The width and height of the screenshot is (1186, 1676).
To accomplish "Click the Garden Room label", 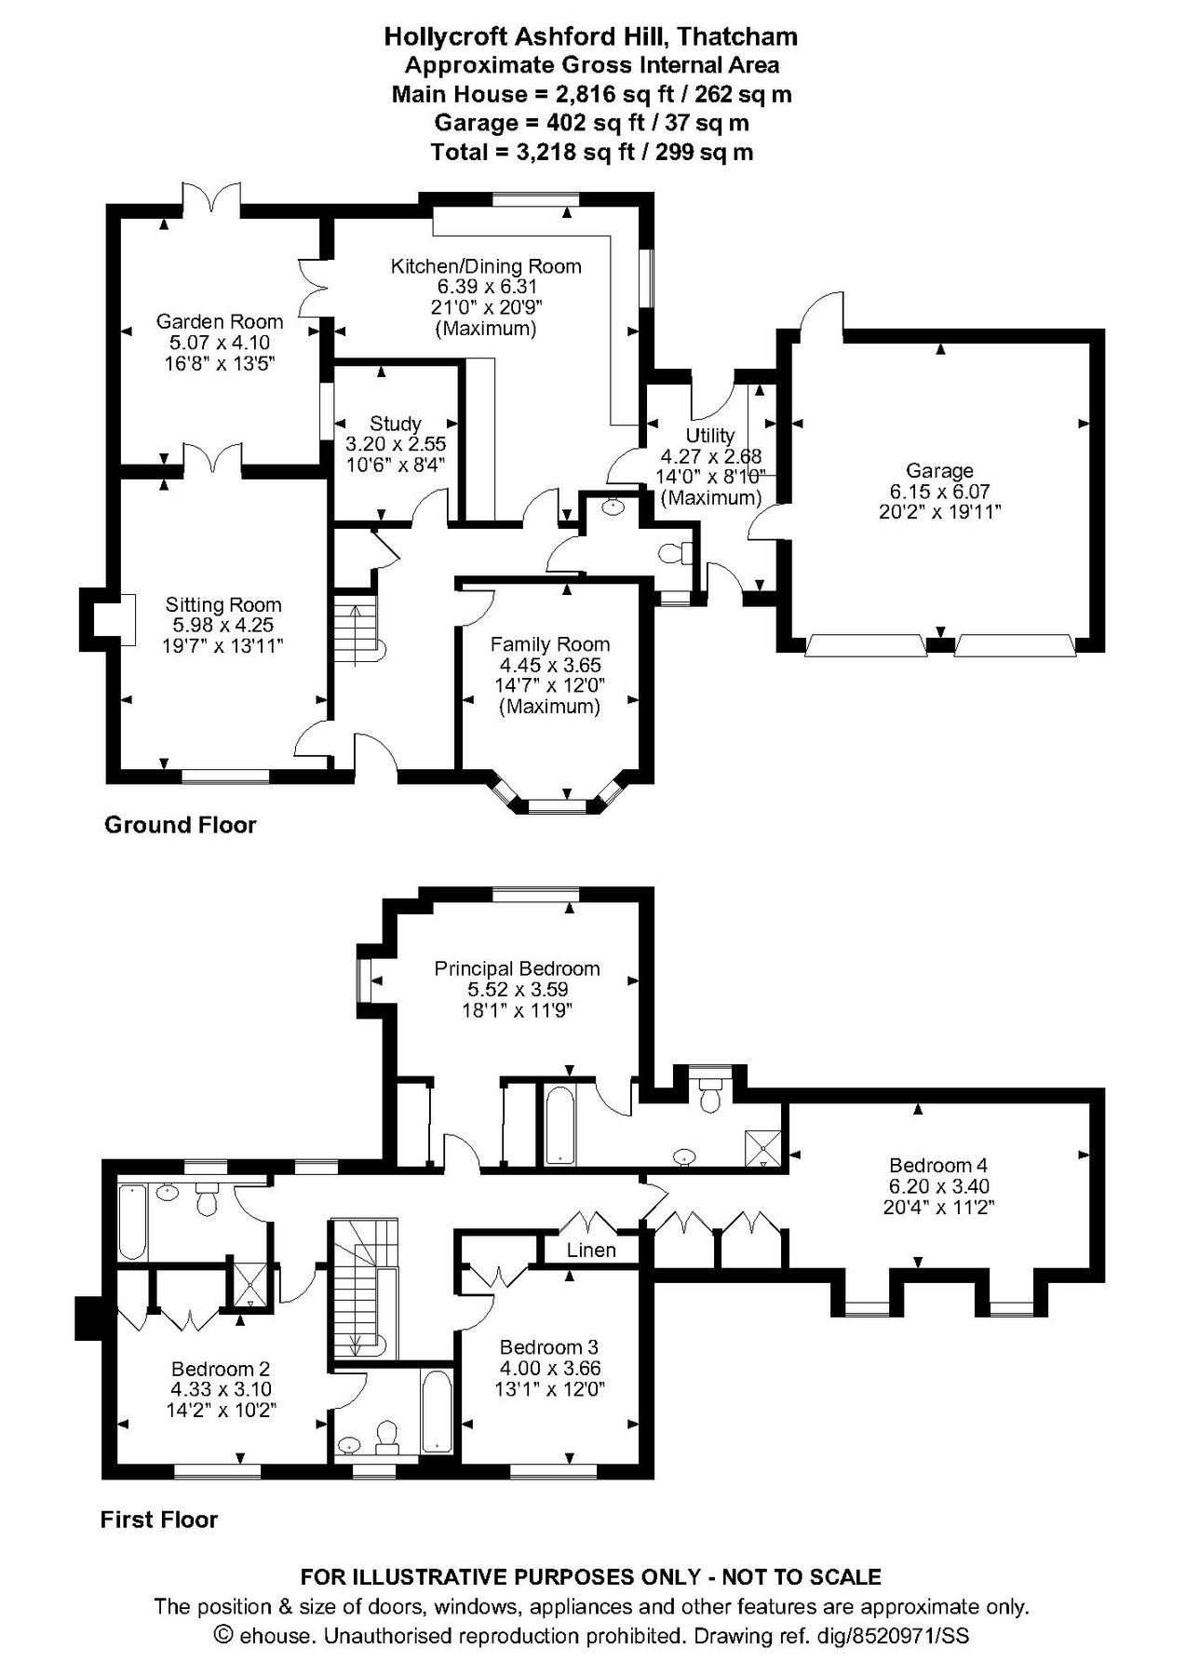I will pyautogui.click(x=219, y=321).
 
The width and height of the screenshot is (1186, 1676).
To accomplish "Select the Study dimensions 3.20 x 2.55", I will pyautogui.click(x=396, y=444).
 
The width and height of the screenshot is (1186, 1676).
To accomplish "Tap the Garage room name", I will pyautogui.click(x=939, y=470).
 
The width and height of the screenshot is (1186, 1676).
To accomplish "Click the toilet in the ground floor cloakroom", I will pyautogui.click(x=672, y=553).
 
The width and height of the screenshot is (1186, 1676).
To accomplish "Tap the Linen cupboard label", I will pyautogui.click(x=591, y=1250).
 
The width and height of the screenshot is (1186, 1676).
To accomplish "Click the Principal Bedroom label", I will pyautogui.click(x=517, y=968).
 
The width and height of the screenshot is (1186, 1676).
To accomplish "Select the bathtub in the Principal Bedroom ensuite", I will pyautogui.click(x=559, y=1124).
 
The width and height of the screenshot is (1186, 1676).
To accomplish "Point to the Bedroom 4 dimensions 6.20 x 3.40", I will pyautogui.click(x=937, y=1186).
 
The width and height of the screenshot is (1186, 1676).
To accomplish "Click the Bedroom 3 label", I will pyautogui.click(x=548, y=1347).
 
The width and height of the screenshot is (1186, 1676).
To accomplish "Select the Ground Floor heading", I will pyautogui.click(x=180, y=824).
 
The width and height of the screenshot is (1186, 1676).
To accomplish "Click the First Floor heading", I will pyautogui.click(x=159, y=1521).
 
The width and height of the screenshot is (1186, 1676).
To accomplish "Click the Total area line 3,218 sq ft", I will pyautogui.click(x=592, y=152).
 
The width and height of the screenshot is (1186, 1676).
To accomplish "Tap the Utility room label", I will pyautogui.click(x=709, y=435).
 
